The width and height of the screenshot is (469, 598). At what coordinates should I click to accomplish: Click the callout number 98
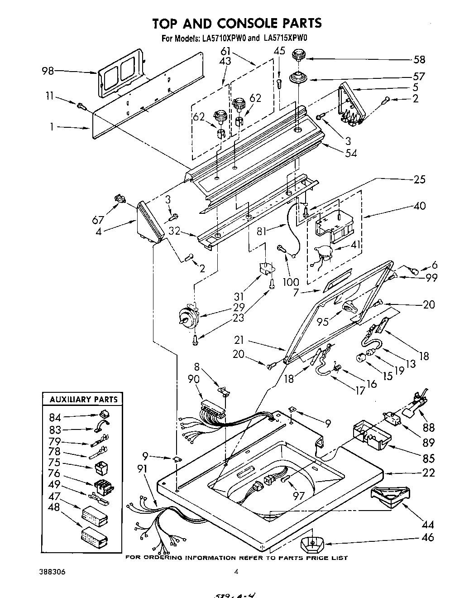48,71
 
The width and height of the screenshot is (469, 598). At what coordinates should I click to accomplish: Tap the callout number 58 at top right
419,59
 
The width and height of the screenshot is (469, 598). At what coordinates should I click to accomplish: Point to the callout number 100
291,282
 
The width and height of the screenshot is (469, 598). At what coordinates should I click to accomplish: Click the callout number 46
427,537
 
